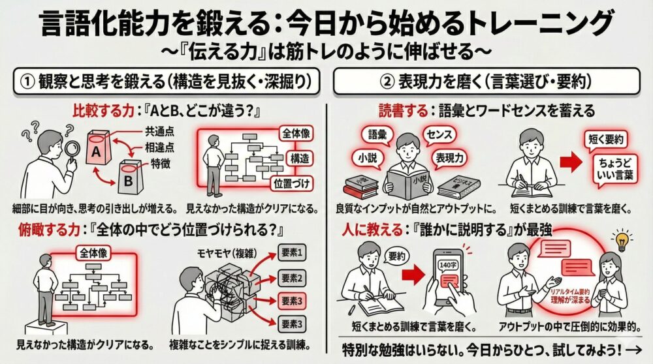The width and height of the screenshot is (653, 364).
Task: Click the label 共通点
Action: pos(159,132)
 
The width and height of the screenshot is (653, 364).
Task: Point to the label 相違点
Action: pos(159,147)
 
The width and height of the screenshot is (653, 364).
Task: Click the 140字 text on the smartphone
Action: pos(445,265)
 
